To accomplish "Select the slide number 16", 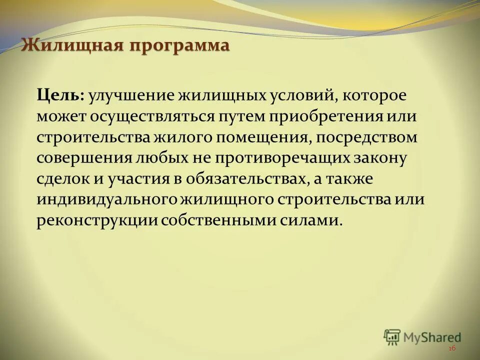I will (452, 349).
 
